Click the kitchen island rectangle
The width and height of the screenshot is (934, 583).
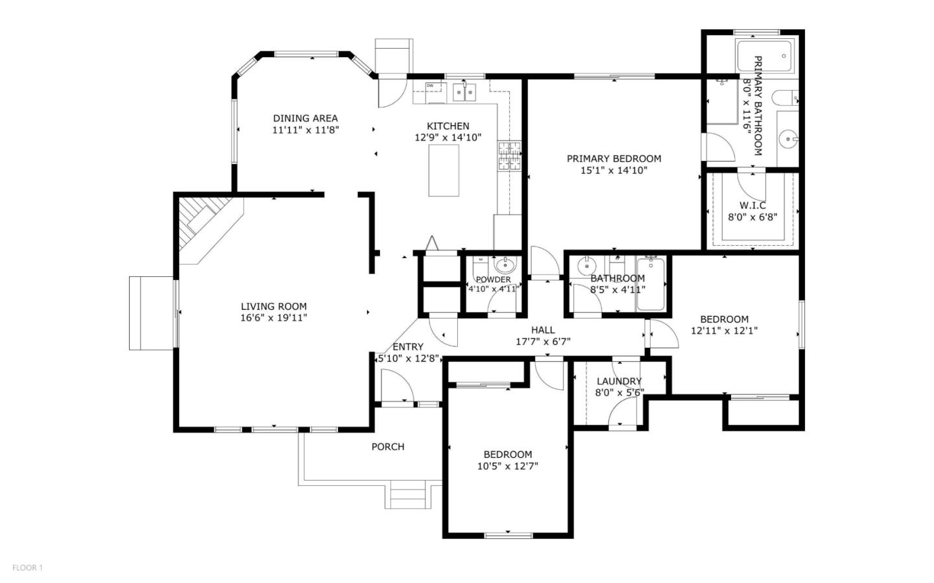444,171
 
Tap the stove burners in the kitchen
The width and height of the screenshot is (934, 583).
509,156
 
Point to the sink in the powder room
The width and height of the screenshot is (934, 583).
504,265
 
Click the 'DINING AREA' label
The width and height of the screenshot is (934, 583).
305,118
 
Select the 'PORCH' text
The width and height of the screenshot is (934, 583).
387,447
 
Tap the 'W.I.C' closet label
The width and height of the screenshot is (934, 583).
752,206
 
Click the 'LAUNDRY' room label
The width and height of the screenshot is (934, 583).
619,381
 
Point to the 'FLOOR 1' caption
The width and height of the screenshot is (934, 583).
27,568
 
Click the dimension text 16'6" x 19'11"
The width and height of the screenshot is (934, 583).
274,318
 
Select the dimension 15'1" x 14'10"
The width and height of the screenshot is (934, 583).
614,171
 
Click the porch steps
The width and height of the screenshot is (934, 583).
407,495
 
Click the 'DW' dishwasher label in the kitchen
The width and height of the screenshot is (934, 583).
429,86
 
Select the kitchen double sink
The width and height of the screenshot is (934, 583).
464,92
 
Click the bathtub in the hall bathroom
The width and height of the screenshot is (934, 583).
650,283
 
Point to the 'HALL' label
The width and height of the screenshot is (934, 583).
543,330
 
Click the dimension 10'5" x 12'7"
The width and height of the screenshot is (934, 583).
507,466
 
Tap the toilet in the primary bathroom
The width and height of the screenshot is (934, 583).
785,99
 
